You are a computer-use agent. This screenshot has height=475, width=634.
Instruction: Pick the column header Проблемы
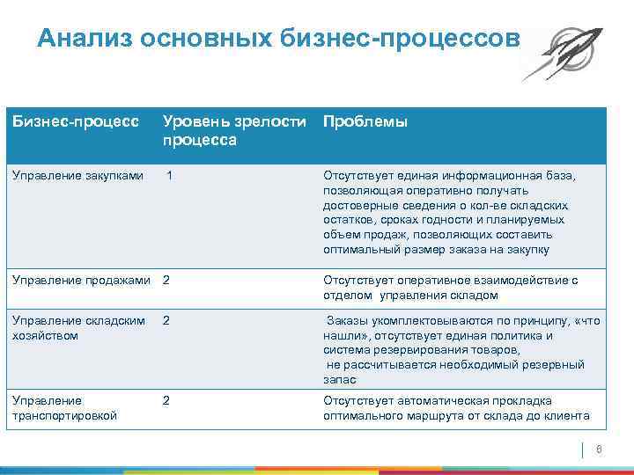(x=365, y=122)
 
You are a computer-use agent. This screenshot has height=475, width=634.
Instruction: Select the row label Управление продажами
(x=80, y=281)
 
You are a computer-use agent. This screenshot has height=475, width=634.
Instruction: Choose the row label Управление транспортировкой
(x=63, y=408)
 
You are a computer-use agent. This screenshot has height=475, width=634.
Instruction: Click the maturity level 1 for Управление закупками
(x=169, y=175)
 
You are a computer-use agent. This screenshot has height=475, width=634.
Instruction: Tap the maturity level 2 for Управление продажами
(x=166, y=281)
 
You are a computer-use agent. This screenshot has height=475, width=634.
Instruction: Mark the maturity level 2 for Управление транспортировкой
(x=166, y=401)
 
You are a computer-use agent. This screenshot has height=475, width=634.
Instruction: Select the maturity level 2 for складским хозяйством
(x=166, y=321)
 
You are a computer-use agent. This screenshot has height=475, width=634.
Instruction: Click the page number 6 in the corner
(x=599, y=450)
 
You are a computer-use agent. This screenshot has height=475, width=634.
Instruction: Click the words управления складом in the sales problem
(x=422, y=295)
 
